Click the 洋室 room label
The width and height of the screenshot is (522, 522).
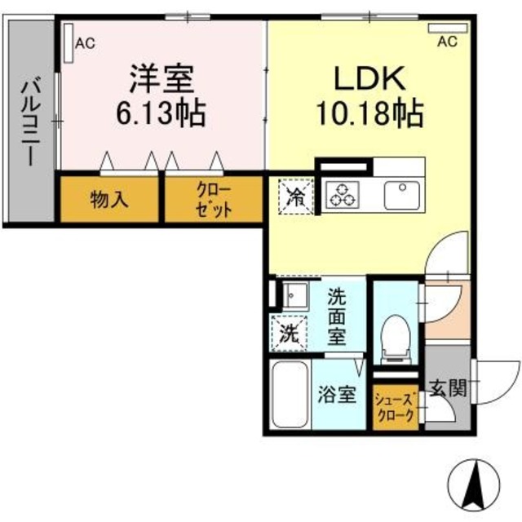tap(161, 79)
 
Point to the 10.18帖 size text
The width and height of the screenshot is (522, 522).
tap(369, 113)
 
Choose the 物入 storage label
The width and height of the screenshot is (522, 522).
tap(109, 200)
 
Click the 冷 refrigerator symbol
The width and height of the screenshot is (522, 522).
tap(294, 196)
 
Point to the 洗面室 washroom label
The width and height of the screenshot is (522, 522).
tap(338, 315)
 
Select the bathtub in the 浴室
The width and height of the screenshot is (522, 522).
tap(287, 395)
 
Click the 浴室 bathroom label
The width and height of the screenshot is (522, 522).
tap(337, 396)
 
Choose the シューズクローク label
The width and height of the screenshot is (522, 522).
tap(396, 406)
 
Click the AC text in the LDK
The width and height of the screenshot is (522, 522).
tap(447, 42)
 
